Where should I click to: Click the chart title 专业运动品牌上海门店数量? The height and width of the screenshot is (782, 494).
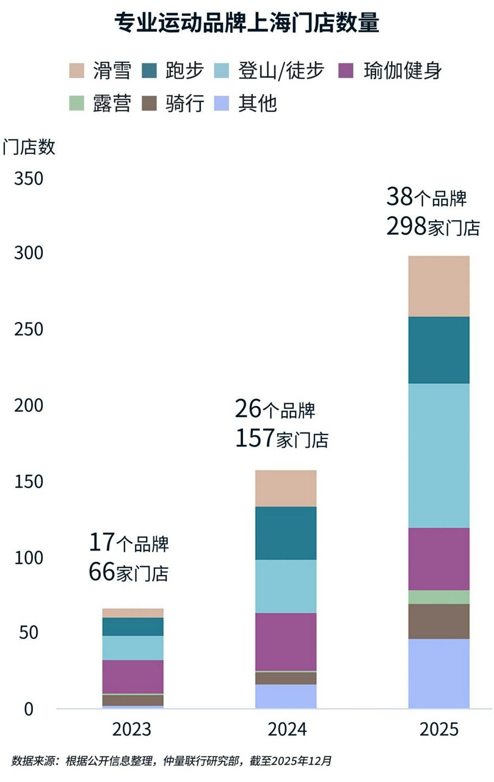click(x=247, y=23)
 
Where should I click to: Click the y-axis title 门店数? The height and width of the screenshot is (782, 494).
click(x=29, y=147)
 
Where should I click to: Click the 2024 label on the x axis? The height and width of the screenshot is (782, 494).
click(x=286, y=730)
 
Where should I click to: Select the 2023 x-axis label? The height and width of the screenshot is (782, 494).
click(x=133, y=730)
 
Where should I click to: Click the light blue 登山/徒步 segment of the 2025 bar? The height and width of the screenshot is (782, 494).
click(x=438, y=455)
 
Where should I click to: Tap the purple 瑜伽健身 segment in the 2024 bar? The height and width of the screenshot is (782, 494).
click(x=286, y=641)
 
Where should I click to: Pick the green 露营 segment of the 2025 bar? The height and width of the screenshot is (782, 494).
click(x=438, y=597)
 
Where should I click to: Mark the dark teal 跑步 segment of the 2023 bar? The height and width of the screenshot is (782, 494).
click(x=133, y=626)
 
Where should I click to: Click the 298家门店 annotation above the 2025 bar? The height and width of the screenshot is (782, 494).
click(x=432, y=227)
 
